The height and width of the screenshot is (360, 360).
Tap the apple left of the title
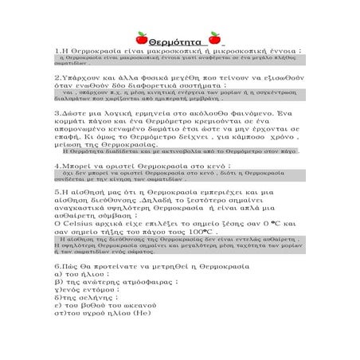pos(142,37)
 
